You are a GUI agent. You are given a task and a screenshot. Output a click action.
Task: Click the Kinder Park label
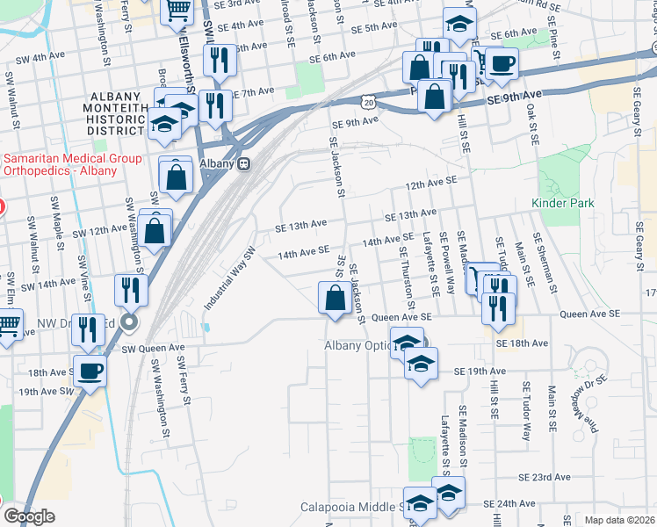[x=563, y=203]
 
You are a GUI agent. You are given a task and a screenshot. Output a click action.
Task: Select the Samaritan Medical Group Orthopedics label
[x=60, y=164]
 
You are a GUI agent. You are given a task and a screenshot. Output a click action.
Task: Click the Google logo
[x=28, y=516]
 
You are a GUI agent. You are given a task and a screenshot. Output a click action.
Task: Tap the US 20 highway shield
[x=367, y=103]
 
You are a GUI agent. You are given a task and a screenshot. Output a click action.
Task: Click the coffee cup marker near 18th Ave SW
[x=90, y=370]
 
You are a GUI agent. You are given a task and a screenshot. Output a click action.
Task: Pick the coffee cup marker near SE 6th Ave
[x=502, y=63]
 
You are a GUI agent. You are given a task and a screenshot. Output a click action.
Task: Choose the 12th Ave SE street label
[x=431, y=180]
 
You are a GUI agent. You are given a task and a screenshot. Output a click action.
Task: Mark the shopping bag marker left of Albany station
[x=177, y=174]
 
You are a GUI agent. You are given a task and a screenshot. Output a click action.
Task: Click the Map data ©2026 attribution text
[x=619, y=520]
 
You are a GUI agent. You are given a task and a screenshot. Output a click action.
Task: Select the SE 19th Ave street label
[x=476, y=372]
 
